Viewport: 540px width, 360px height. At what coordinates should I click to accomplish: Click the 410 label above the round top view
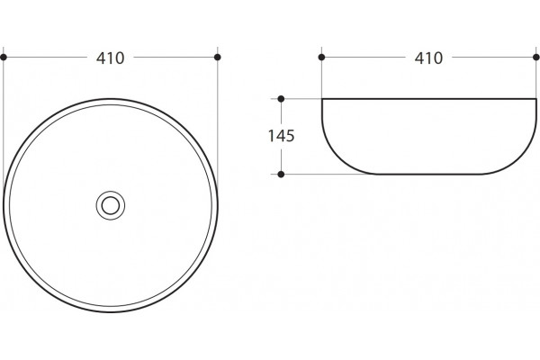(x=110, y=58)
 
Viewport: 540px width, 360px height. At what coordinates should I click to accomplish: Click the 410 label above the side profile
(x=428, y=58)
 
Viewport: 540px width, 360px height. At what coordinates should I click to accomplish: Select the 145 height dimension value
(x=281, y=136)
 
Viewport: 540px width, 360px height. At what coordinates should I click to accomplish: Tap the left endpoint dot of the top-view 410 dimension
(x=4, y=58)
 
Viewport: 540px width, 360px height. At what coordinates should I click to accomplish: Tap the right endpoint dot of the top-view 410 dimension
(x=217, y=58)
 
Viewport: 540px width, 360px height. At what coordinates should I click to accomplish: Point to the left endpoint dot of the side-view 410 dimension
(x=321, y=58)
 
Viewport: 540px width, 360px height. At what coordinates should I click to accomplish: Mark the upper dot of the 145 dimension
(x=281, y=99)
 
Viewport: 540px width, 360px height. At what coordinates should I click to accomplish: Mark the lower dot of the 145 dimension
(x=281, y=175)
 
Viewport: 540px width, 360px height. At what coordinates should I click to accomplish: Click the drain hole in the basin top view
(x=110, y=205)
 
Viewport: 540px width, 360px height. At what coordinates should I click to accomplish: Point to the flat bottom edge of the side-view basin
(x=428, y=175)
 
